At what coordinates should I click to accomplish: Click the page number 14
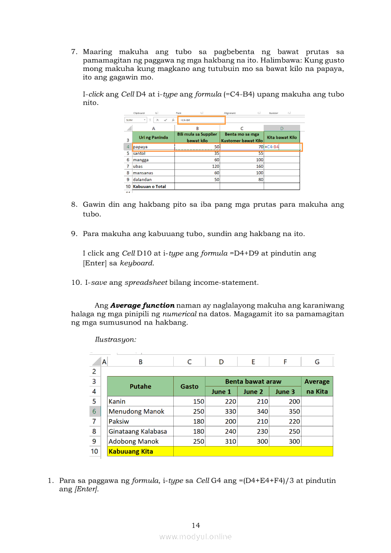(x=196, y=526)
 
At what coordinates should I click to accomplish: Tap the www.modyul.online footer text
(x=195, y=536)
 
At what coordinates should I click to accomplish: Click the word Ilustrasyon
(x=116, y=339)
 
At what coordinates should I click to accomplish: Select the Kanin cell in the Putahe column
(x=117, y=402)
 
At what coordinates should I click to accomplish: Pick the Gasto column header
(x=189, y=386)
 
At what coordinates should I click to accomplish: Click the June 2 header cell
(x=253, y=392)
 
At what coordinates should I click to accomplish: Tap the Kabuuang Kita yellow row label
(x=131, y=451)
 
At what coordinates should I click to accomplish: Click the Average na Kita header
(x=317, y=386)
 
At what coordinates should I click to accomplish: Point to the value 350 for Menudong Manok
(x=294, y=412)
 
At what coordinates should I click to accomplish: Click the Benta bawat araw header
(x=253, y=381)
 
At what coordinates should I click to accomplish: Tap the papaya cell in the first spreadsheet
(x=141, y=147)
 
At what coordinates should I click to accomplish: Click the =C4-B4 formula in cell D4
(x=272, y=147)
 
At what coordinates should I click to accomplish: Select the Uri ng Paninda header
(x=153, y=137)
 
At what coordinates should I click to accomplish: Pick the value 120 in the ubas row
(x=215, y=167)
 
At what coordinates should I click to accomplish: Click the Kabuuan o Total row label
(x=150, y=186)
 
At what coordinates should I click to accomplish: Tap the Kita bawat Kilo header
(x=282, y=137)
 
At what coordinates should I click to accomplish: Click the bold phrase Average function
(x=142, y=306)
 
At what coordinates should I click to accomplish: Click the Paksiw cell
(x=119, y=421)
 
